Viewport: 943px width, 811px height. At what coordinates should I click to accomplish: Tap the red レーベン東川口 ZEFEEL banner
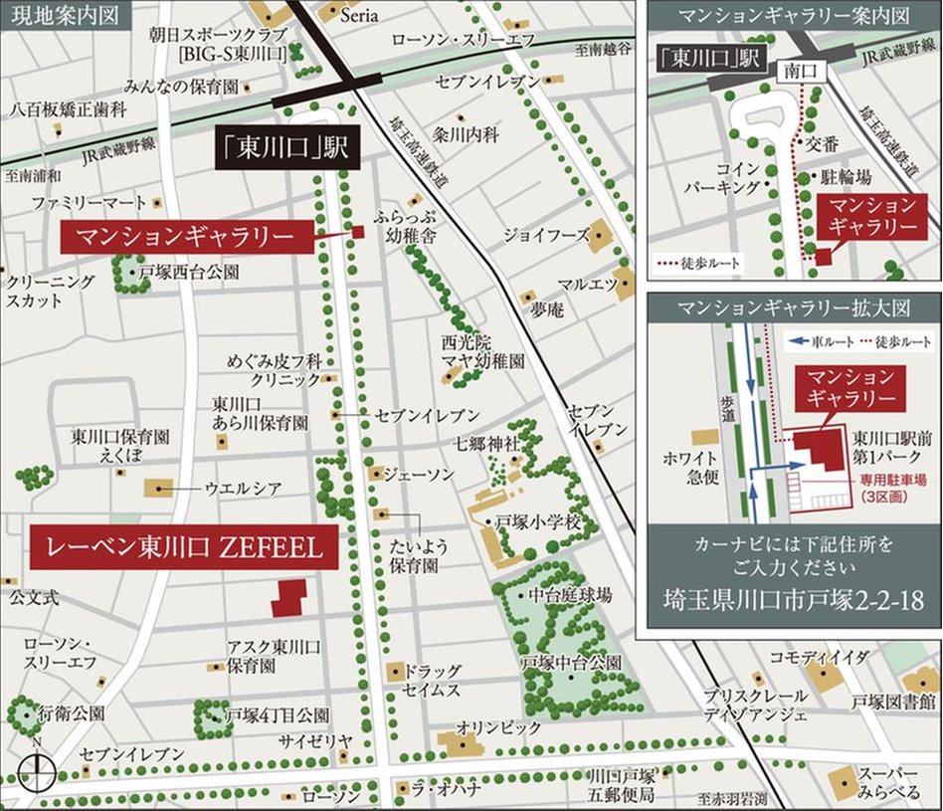184,546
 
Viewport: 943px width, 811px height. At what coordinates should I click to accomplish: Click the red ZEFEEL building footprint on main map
288,598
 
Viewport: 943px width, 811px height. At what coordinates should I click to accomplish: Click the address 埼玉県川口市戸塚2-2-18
793,600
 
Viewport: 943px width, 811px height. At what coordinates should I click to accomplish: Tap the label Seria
359,15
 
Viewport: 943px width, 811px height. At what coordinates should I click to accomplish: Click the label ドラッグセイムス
433,680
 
